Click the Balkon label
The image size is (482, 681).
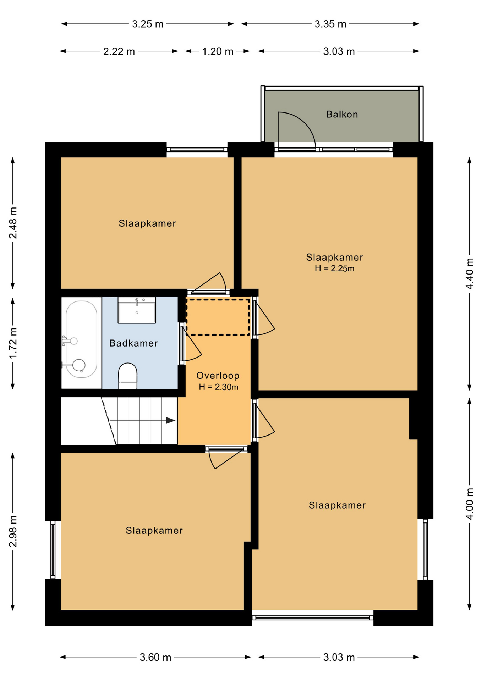(342, 114)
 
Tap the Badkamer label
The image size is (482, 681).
(133, 343)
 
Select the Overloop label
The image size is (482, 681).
(218, 375)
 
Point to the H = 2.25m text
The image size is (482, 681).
(334, 268)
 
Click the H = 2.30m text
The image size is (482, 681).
(218, 387)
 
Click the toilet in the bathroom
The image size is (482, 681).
(127, 376)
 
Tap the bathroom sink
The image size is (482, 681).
(137, 310)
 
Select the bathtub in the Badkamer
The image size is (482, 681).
(81, 343)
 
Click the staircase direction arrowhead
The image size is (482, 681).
(171, 420)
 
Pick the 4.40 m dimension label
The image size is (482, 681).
(469, 274)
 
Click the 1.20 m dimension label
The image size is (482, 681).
(218, 52)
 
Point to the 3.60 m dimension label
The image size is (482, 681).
(155, 657)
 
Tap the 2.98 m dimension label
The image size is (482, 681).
(13, 531)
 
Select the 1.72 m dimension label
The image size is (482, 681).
(13, 343)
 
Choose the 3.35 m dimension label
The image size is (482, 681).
(330, 24)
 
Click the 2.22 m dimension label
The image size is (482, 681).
(119, 52)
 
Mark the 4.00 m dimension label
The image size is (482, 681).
(469, 504)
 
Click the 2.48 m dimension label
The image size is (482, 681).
(13, 223)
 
